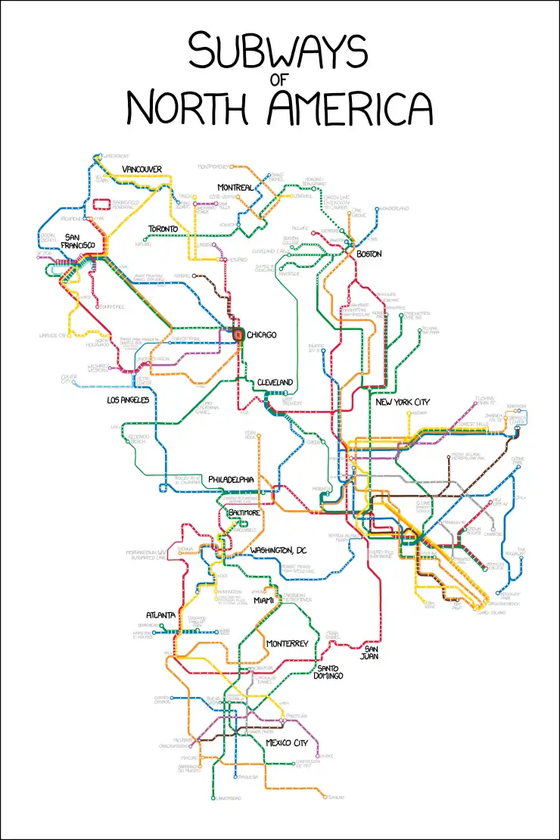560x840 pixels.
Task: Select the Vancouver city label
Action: [142, 169]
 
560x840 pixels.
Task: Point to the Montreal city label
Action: [235, 187]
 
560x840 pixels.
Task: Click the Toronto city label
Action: [163, 229]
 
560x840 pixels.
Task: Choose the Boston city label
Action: [369, 254]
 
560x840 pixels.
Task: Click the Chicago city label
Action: [262, 334]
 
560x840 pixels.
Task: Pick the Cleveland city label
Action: [274, 382]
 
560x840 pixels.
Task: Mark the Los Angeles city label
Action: [128, 400]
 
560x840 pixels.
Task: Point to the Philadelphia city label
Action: [231, 480]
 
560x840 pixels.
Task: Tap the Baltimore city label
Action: [244, 512]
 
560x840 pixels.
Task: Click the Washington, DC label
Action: [278, 549]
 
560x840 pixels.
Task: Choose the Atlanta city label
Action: [161, 615]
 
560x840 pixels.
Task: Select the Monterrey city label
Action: [287, 643]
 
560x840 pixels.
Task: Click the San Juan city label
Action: [371, 652]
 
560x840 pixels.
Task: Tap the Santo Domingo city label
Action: [330, 671]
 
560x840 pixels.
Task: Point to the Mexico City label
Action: [287, 742]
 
